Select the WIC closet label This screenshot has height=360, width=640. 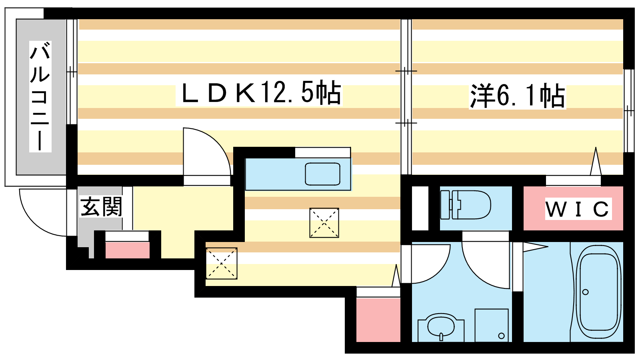(x=578, y=209)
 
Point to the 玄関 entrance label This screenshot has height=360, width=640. (x=101, y=206)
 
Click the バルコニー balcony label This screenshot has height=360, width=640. (x=40, y=96)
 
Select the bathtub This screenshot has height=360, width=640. (x=598, y=292)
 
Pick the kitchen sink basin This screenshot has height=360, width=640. (x=322, y=174)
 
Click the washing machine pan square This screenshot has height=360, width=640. (x=492, y=325)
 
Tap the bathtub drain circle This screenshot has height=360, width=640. (x=586, y=292)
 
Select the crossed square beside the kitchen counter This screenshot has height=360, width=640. (x=324, y=223)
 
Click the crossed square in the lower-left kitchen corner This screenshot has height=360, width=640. (x=222, y=263)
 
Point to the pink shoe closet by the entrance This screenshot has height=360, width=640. (x=128, y=250)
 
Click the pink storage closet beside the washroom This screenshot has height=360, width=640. (x=378, y=320)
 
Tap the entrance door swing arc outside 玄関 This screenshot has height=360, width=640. (x=43, y=212)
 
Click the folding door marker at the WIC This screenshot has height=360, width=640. (x=596, y=161)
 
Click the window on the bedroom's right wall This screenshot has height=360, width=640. (x=629, y=111)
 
